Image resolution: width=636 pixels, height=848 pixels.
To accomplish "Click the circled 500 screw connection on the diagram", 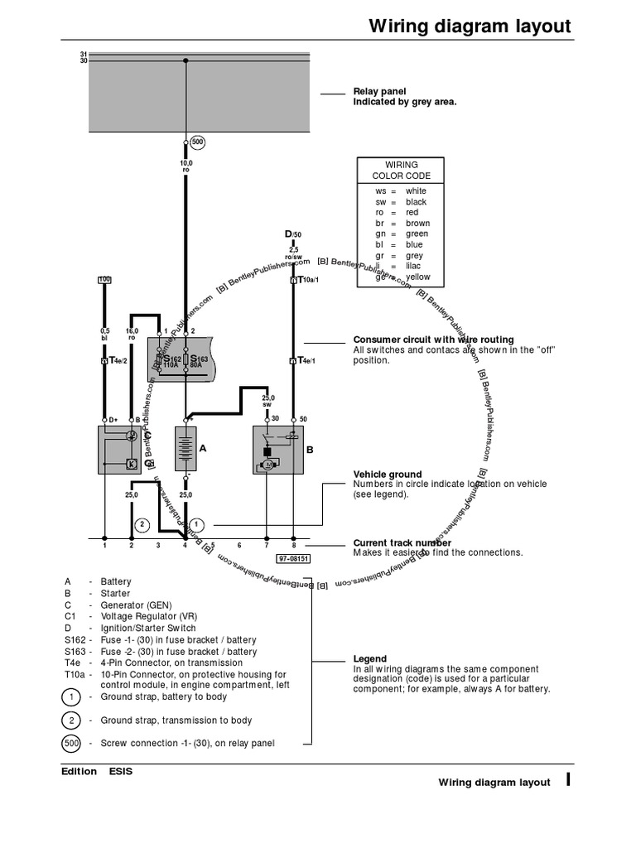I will (x=197, y=142).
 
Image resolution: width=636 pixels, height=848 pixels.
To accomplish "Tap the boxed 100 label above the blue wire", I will (x=104, y=279).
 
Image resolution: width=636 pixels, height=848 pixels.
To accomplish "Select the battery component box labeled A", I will (x=185, y=449).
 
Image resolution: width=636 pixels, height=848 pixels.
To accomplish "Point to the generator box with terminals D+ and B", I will (x=124, y=449).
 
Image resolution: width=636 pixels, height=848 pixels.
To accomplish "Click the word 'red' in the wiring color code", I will (x=412, y=213).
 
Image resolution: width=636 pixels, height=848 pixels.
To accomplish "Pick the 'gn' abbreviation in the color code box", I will (x=381, y=234).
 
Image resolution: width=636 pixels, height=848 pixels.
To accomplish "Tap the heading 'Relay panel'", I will (x=379, y=91).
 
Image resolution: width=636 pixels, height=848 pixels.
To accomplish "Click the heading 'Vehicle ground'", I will (x=387, y=475).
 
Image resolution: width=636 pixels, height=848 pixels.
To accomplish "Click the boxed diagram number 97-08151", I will (x=293, y=558).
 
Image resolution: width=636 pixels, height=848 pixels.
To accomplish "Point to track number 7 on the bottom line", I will (x=266, y=546).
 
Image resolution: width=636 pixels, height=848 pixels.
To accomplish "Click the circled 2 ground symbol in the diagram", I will (x=142, y=524).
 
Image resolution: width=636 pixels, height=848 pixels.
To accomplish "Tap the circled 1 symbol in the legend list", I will (x=71, y=697).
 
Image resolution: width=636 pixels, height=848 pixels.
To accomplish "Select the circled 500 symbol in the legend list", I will (x=71, y=743).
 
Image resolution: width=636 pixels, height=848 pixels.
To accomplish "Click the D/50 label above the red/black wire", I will (x=293, y=235).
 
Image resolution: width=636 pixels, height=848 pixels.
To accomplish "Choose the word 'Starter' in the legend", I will (x=117, y=594).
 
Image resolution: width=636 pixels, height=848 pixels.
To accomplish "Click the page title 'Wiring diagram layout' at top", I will (x=470, y=26).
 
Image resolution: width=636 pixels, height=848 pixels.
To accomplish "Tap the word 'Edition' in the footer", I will (x=79, y=771).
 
